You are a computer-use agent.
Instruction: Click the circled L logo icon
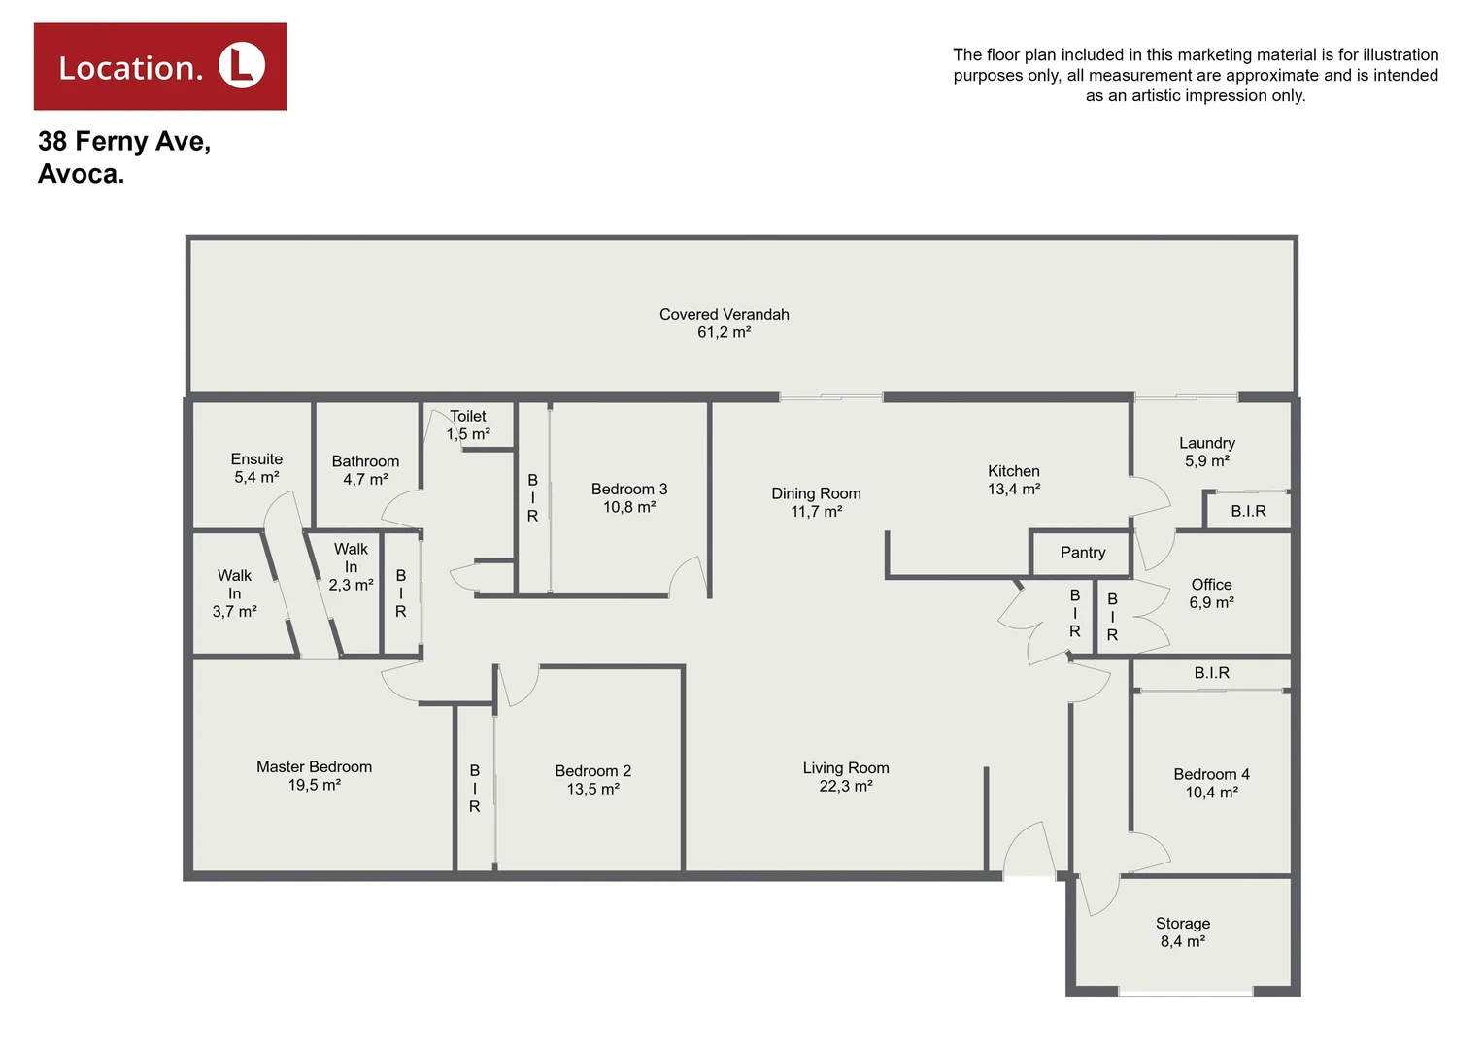[242, 66]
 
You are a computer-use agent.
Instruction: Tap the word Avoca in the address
[81, 174]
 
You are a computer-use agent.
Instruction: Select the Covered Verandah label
[724, 315]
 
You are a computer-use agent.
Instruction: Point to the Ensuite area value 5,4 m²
[256, 477]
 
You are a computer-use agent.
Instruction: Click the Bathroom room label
[365, 461]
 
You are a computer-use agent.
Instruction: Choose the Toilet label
[468, 416]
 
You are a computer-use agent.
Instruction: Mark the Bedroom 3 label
[629, 489]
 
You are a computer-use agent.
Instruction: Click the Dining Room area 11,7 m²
[816, 511]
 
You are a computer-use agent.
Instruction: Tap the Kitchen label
[1014, 471]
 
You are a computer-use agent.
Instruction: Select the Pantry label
[1083, 552]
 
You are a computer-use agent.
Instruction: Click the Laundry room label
[1207, 443]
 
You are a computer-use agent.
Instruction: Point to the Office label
[1211, 584]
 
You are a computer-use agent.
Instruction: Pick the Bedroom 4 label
[1211, 774]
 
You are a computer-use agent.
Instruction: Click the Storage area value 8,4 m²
[1183, 941]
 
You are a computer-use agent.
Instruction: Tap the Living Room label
[846, 767]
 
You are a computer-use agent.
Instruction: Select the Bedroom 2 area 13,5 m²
[593, 789]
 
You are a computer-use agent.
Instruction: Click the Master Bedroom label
[314, 766]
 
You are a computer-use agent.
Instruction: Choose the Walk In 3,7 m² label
[234, 593]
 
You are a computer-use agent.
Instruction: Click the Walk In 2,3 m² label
[351, 567]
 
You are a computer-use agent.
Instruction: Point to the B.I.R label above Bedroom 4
[1211, 672]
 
